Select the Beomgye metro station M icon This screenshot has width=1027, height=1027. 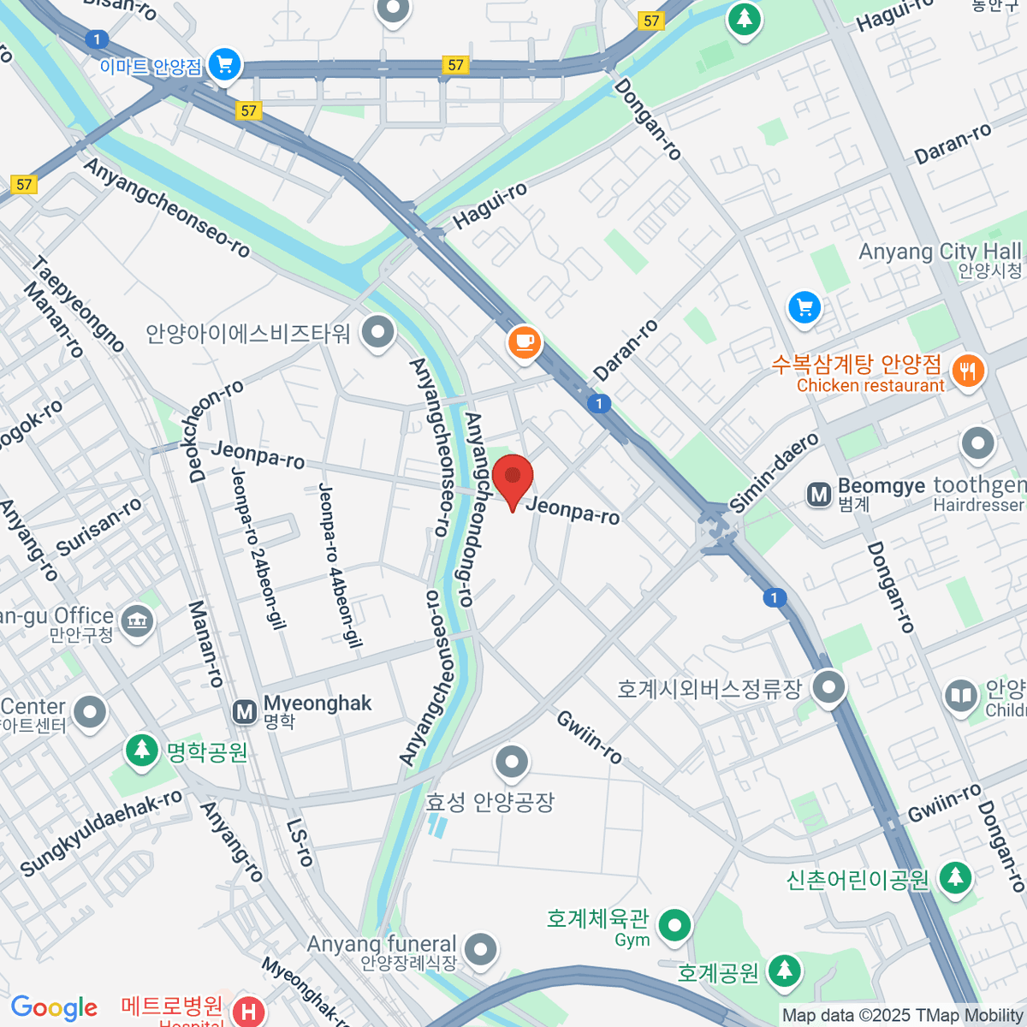(x=819, y=494)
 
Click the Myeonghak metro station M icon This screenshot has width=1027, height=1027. (x=245, y=710)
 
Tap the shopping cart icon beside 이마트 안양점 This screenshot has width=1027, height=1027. (x=225, y=64)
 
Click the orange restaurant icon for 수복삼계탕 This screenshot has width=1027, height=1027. (x=968, y=371)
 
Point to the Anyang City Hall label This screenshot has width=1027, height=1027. (x=939, y=252)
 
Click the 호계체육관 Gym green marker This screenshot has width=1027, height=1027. (x=675, y=925)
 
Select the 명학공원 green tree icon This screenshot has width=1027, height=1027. (x=142, y=751)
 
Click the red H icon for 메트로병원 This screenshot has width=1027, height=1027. (x=248, y=1012)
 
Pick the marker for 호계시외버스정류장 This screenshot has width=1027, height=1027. (x=828, y=687)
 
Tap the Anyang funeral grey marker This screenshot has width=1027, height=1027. (x=482, y=948)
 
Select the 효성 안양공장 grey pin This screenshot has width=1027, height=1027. (x=512, y=761)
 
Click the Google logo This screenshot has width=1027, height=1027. (x=54, y=1008)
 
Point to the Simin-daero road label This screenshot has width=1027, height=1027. (x=775, y=473)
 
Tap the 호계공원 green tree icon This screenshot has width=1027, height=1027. (x=784, y=971)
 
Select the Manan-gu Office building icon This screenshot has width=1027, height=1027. (x=138, y=620)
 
